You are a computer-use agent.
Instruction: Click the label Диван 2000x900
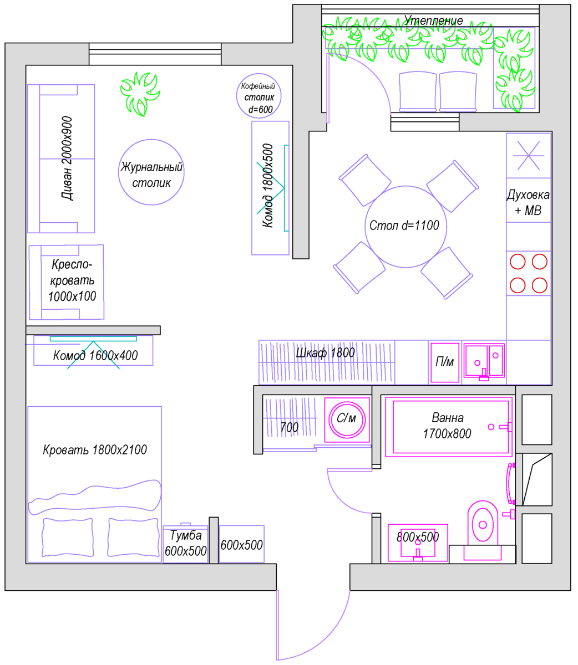point(68,158)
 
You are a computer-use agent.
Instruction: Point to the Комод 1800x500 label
point(268,186)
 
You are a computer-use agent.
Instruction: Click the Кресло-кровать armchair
point(67,282)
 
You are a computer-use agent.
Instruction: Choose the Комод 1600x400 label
point(95,355)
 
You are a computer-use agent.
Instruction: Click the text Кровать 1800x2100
point(95,450)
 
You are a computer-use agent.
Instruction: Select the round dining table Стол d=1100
point(405,226)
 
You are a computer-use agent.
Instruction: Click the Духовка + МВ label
point(528,203)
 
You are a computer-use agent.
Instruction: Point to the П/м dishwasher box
point(444,362)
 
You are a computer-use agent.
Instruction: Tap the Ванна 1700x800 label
point(447,426)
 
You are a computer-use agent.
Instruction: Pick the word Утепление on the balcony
point(433,21)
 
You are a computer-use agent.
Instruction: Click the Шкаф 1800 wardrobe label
point(325,353)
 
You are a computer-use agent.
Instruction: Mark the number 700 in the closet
point(289,427)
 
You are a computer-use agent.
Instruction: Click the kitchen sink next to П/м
point(484,361)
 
